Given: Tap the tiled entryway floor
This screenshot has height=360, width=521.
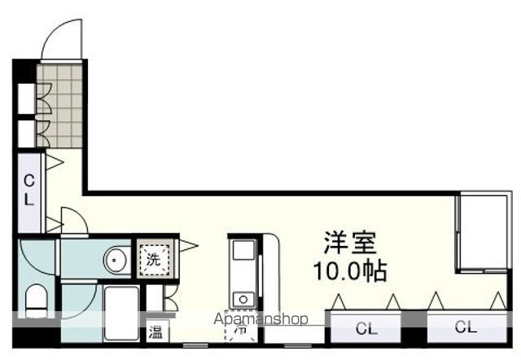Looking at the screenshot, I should (x=61, y=106).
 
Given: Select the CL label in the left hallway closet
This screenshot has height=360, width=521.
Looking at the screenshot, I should (x=28, y=191).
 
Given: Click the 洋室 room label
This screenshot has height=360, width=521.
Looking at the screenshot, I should (x=350, y=243).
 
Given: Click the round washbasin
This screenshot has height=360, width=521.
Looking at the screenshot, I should (x=115, y=260).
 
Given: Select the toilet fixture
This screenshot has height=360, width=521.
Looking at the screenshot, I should (x=37, y=301).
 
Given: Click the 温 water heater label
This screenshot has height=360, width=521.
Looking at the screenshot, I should (x=154, y=332).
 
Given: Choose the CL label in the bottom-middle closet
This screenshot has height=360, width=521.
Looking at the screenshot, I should (x=366, y=329).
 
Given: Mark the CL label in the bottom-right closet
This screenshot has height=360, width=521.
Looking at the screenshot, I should (x=466, y=327).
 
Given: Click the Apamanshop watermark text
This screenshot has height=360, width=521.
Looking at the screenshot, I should (x=260, y=318).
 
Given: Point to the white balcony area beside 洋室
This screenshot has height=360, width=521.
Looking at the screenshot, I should (x=485, y=232).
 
